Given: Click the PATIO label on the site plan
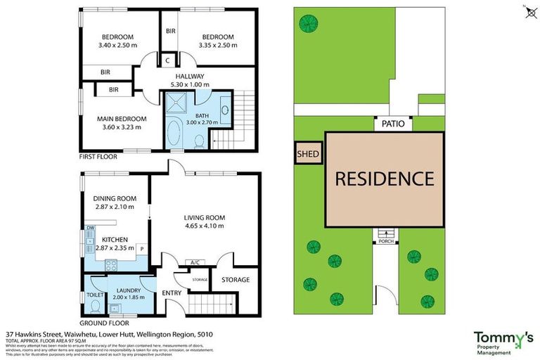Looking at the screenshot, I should (x=393, y=124).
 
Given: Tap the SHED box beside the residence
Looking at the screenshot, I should (x=308, y=154).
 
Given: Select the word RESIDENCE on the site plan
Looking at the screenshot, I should (x=384, y=179).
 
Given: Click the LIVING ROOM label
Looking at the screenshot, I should (x=204, y=217).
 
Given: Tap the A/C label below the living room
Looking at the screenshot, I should (x=195, y=263).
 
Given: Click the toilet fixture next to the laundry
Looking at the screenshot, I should (x=94, y=304).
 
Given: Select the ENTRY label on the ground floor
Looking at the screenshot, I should (x=172, y=292).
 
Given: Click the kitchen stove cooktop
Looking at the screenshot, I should (x=110, y=265).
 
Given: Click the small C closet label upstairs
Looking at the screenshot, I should (x=168, y=61).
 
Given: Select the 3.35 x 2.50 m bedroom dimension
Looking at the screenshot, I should (x=219, y=44).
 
